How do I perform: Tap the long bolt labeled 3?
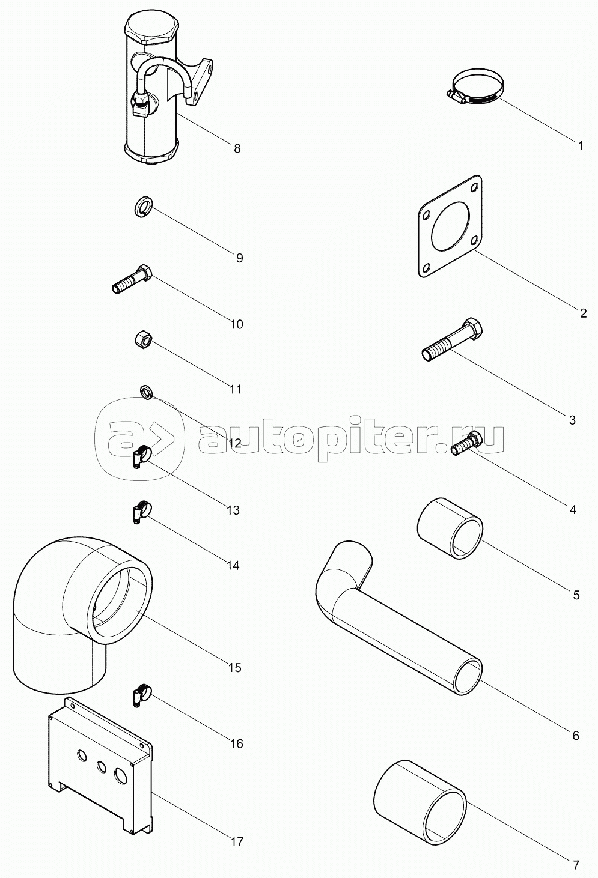point(450,341)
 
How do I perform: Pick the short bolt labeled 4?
point(466,444)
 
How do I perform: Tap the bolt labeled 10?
point(132,280)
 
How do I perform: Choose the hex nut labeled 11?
point(142,339)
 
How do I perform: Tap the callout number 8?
point(237,148)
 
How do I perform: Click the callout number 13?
point(233,510)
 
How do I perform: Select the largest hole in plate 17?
point(121,775)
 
